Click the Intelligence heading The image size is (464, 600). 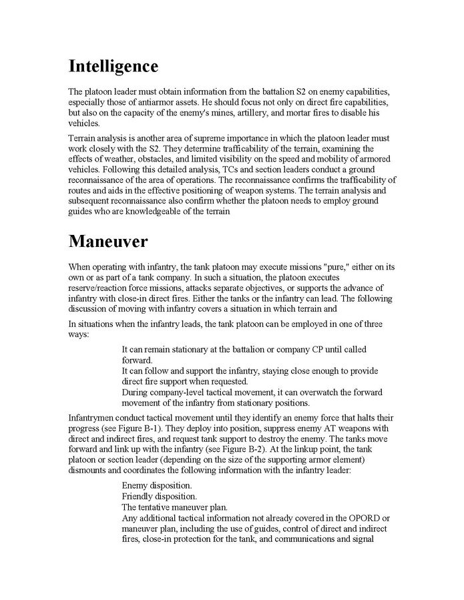point(113,67)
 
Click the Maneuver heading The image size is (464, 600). point(107,240)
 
